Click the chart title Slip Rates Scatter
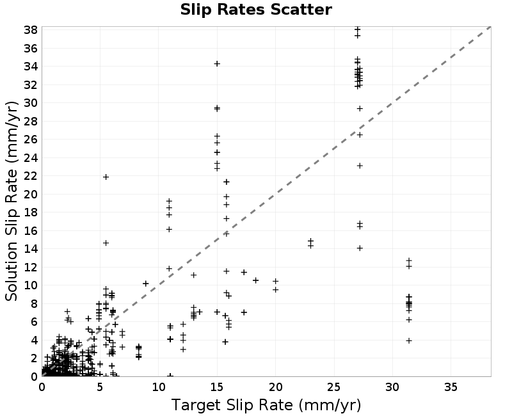pyautogui.click(x=256, y=10)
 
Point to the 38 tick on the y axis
pyautogui.click(x=31, y=30)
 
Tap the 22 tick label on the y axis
pyautogui.click(x=31, y=176)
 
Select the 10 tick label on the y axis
pyautogui.click(x=31, y=285)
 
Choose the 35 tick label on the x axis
pyautogui.click(x=451, y=387)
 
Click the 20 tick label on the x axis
pyautogui.click(x=275, y=387)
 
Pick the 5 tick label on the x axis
pyautogui.click(x=100, y=387)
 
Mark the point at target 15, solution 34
pyautogui.click(x=217, y=63)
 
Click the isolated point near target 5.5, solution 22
pyautogui.click(x=106, y=177)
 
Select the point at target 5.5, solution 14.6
pyautogui.click(x=106, y=243)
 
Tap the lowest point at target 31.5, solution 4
pyautogui.click(x=409, y=340)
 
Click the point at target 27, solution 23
pyautogui.click(x=360, y=166)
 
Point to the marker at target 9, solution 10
pyautogui.click(x=146, y=284)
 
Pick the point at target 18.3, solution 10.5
pyautogui.click(x=255, y=280)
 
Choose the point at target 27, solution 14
pyautogui.click(x=360, y=248)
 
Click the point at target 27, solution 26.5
pyautogui.click(x=360, y=135)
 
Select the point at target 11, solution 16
pyautogui.click(x=169, y=230)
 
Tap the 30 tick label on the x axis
pyautogui.click(x=392, y=387)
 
